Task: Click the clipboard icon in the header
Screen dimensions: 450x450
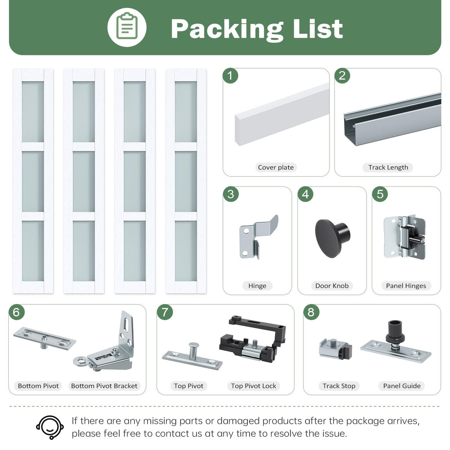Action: tap(127, 27)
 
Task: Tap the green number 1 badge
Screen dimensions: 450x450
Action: tap(230, 76)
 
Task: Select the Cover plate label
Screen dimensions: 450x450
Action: tap(276, 167)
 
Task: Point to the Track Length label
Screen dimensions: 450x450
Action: tap(388, 167)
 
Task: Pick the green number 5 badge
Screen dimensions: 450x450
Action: tap(380, 194)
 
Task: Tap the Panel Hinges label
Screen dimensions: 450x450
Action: tap(406, 286)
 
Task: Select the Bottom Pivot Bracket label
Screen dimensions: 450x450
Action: tap(104, 386)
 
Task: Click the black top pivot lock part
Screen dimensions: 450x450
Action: tap(253, 339)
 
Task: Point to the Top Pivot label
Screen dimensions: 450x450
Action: tap(189, 386)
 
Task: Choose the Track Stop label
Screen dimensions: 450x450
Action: tap(339, 386)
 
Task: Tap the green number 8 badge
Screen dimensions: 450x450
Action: tap(311, 312)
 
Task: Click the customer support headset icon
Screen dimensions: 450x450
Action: tap(50, 427)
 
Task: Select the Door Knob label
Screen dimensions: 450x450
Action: tap(332, 286)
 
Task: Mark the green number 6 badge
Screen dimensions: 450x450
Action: tap(16, 312)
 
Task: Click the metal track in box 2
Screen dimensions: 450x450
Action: tap(392, 119)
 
